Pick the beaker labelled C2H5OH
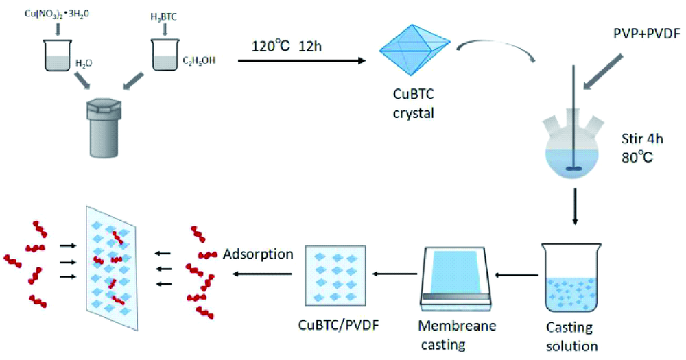pyautogui.click(x=165, y=56)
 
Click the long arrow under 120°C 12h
pyautogui.click(x=302, y=61)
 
